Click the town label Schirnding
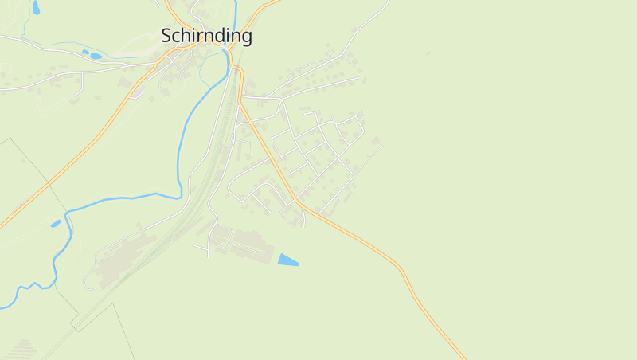click(x=206, y=36)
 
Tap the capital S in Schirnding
click(x=166, y=36)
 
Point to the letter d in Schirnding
click(x=222, y=36)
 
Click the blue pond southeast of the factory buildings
click(x=287, y=260)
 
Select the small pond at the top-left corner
click(x=36, y=8)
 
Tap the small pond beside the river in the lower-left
click(x=56, y=224)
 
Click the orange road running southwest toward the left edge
click(x=72, y=159)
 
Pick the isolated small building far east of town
click(x=428, y=53)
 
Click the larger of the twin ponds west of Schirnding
click(x=96, y=56)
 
